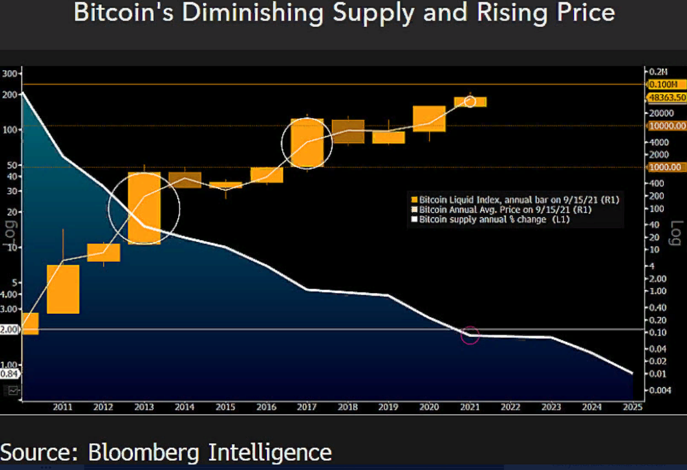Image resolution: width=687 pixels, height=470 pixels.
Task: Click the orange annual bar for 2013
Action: (x=144, y=208)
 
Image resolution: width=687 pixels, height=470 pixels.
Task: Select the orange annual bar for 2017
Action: (x=307, y=143)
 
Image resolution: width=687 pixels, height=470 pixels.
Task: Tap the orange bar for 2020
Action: (x=429, y=119)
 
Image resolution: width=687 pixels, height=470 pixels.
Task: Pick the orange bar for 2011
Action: (x=63, y=289)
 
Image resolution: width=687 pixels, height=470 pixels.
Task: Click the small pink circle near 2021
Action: (x=470, y=335)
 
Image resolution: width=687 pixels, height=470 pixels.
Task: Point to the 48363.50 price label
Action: (x=667, y=97)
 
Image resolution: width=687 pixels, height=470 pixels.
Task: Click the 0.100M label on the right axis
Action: (x=667, y=84)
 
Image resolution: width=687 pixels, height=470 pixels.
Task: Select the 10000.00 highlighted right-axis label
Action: (x=667, y=126)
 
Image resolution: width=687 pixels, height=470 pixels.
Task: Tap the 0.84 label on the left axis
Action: (x=10, y=373)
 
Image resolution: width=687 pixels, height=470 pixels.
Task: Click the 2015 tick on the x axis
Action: (x=226, y=407)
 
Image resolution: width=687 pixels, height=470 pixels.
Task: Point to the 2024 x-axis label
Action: (x=592, y=407)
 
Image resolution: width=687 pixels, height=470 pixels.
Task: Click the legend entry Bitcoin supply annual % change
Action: (x=494, y=220)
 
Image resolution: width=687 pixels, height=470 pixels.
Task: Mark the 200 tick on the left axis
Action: (x=10, y=94)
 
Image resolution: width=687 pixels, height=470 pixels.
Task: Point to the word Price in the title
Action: (x=584, y=13)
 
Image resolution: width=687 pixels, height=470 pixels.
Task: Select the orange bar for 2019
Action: (x=388, y=137)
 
